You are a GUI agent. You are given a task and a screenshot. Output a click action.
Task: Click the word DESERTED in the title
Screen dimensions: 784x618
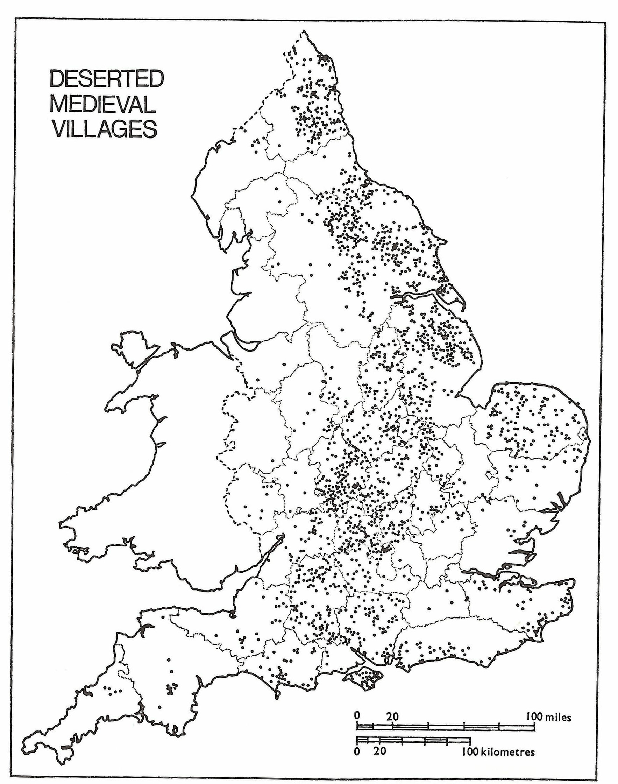tap(106, 79)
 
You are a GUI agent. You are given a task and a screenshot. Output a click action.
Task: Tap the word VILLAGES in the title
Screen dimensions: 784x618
tap(105, 129)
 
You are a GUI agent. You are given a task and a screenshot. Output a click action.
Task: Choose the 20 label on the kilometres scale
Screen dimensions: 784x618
tap(379, 740)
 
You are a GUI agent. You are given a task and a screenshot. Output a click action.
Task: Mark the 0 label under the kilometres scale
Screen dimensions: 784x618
tap(357, 740)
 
